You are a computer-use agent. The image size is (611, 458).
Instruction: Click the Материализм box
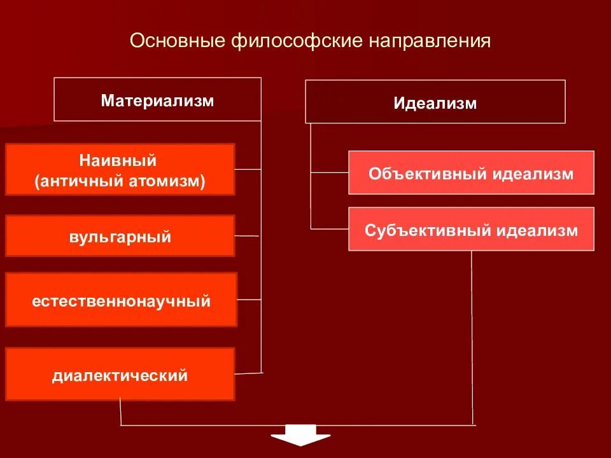(157, 100)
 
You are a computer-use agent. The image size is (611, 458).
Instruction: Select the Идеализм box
(435, 102)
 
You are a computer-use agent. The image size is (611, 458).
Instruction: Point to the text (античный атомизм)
(120, 181)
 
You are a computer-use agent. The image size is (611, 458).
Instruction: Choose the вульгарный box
(120, 237)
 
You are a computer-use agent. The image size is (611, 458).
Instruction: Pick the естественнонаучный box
(121, 300)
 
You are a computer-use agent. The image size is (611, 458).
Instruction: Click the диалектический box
(120, 375)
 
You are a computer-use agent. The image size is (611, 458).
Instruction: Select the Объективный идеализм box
(471, 173)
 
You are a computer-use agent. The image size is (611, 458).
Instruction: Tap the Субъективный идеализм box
(471, 230)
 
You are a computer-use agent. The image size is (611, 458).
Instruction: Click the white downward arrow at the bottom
(300, 440)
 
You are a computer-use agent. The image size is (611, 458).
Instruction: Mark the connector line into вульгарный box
(248, 236)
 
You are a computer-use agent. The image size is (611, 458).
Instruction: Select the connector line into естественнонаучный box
(249, 300)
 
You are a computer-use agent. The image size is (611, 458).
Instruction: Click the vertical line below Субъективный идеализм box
(472, 337)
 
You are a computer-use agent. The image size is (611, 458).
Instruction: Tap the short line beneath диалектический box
(120, 412)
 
